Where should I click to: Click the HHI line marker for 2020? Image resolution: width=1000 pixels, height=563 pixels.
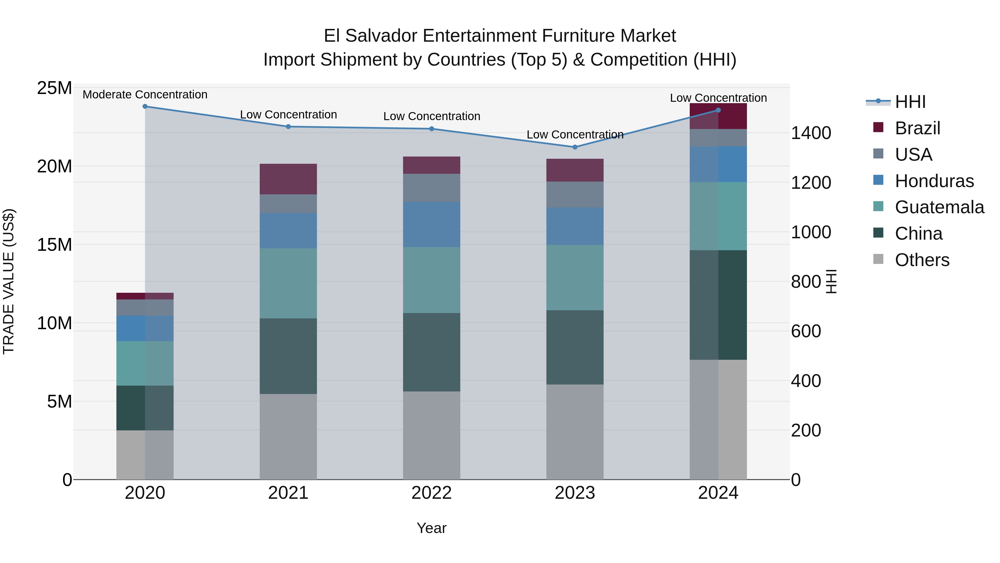click(x=145, y=106)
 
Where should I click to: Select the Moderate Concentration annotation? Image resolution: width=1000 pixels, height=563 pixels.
click(x=145, y=95)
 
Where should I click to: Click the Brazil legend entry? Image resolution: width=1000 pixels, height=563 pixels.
click(x=917, y=128)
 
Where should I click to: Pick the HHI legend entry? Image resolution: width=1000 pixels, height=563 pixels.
click(x=910, y=102)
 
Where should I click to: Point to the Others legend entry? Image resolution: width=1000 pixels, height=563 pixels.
click(x=922, y=260)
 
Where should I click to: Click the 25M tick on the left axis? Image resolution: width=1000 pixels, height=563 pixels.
click(x=54, y=88)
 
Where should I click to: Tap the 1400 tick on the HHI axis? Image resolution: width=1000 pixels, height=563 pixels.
click(x=811, y=133)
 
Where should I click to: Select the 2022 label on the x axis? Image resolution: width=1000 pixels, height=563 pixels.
click(x=431, y=493)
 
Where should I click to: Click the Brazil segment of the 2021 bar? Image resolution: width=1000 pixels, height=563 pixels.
click(x=288, y=179)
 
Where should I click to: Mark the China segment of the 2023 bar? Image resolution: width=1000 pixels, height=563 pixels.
click(x=575, y=347)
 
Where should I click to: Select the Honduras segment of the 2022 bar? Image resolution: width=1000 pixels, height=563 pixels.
click(x=431, y=225)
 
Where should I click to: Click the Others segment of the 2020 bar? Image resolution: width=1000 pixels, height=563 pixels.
click(x=145, y=455)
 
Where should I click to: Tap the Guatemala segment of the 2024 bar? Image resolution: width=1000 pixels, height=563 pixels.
click(x=718, y=216)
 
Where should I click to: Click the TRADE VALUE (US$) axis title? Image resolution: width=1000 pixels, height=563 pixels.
click(x=9, y=281)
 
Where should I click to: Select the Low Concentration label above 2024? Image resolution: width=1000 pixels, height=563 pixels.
click(x=718, y=98)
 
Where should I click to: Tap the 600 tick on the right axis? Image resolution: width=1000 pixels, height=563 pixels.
click(x=806, y=331)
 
